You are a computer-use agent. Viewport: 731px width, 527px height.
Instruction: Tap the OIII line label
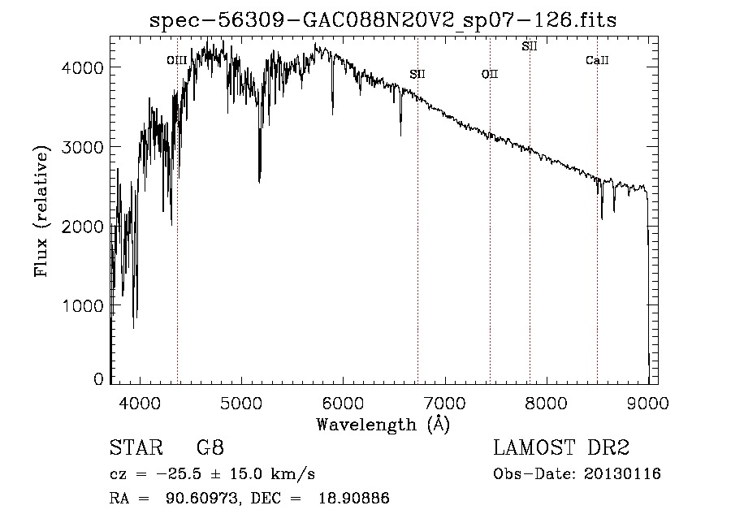tap(176, 60)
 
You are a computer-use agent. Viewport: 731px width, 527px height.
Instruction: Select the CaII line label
tap(597, 61)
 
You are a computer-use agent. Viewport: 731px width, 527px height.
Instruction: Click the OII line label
tap(490, 75)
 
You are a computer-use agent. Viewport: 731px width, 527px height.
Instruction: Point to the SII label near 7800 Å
tap(530, 46)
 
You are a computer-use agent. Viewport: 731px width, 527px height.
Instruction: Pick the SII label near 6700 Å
tap(417, 75)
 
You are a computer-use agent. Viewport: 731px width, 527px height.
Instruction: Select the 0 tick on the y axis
tap(98, 379)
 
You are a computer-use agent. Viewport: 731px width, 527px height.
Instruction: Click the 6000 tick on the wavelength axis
tap(343, 402)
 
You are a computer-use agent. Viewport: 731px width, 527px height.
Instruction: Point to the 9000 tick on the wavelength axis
tap(647, 402)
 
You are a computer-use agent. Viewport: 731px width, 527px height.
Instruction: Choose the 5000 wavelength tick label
tap(241, 402)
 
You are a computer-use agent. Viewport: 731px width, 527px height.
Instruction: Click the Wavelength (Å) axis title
tap(383, 424)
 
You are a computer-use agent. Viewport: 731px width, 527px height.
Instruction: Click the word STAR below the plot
tap(130, 448)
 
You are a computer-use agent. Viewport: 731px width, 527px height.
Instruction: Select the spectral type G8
tap(210, 448)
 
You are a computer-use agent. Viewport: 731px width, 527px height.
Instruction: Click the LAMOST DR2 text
tap(561, 448)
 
